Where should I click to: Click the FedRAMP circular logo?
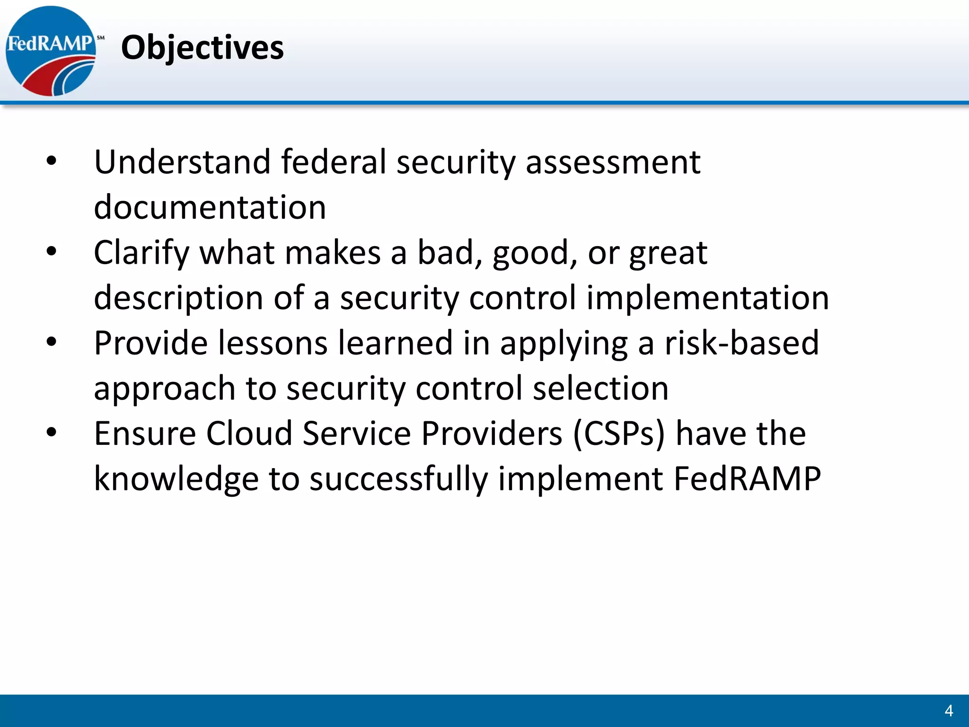[51, 51]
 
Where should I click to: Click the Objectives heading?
[202, 48]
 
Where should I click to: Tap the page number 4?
[948, 710]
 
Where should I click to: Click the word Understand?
[182, 162]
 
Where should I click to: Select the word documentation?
[210, 208]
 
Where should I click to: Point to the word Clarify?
[141, 253]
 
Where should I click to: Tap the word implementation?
[707, 298]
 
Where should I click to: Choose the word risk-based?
[741, 343]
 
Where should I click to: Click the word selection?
[600, 389]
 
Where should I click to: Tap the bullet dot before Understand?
[52, 162]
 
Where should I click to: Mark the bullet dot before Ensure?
[52, 433]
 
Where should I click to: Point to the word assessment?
[613, 162]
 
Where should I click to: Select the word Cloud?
[249, 434]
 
